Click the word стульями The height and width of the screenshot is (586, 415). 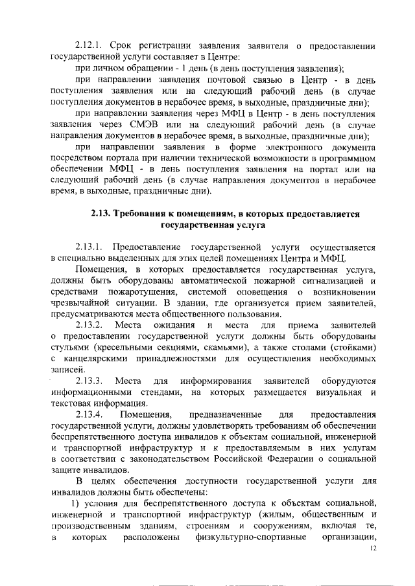coord(70,348)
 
